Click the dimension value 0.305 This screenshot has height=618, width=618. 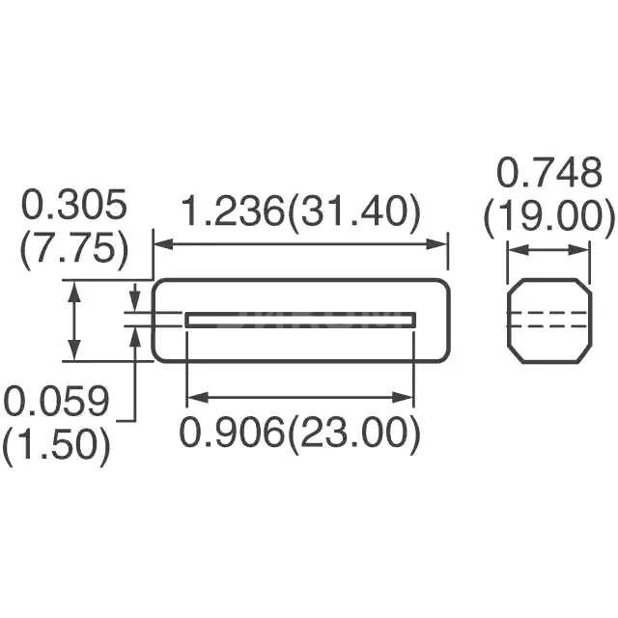coord(74,206)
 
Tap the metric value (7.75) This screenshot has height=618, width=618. coord(74,249)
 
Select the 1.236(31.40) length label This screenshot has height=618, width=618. coord(301,211)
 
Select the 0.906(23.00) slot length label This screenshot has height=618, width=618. coord(301,435)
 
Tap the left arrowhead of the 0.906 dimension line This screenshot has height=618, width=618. coord(193,396)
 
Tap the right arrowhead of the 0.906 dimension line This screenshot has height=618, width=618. coord(408,396)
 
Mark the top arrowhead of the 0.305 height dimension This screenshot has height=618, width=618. coord(74,287)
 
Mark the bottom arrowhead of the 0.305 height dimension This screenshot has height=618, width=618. coord(74,354)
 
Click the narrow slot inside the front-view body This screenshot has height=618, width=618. coord(301,320)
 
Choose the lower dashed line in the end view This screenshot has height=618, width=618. coord(549,326)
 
